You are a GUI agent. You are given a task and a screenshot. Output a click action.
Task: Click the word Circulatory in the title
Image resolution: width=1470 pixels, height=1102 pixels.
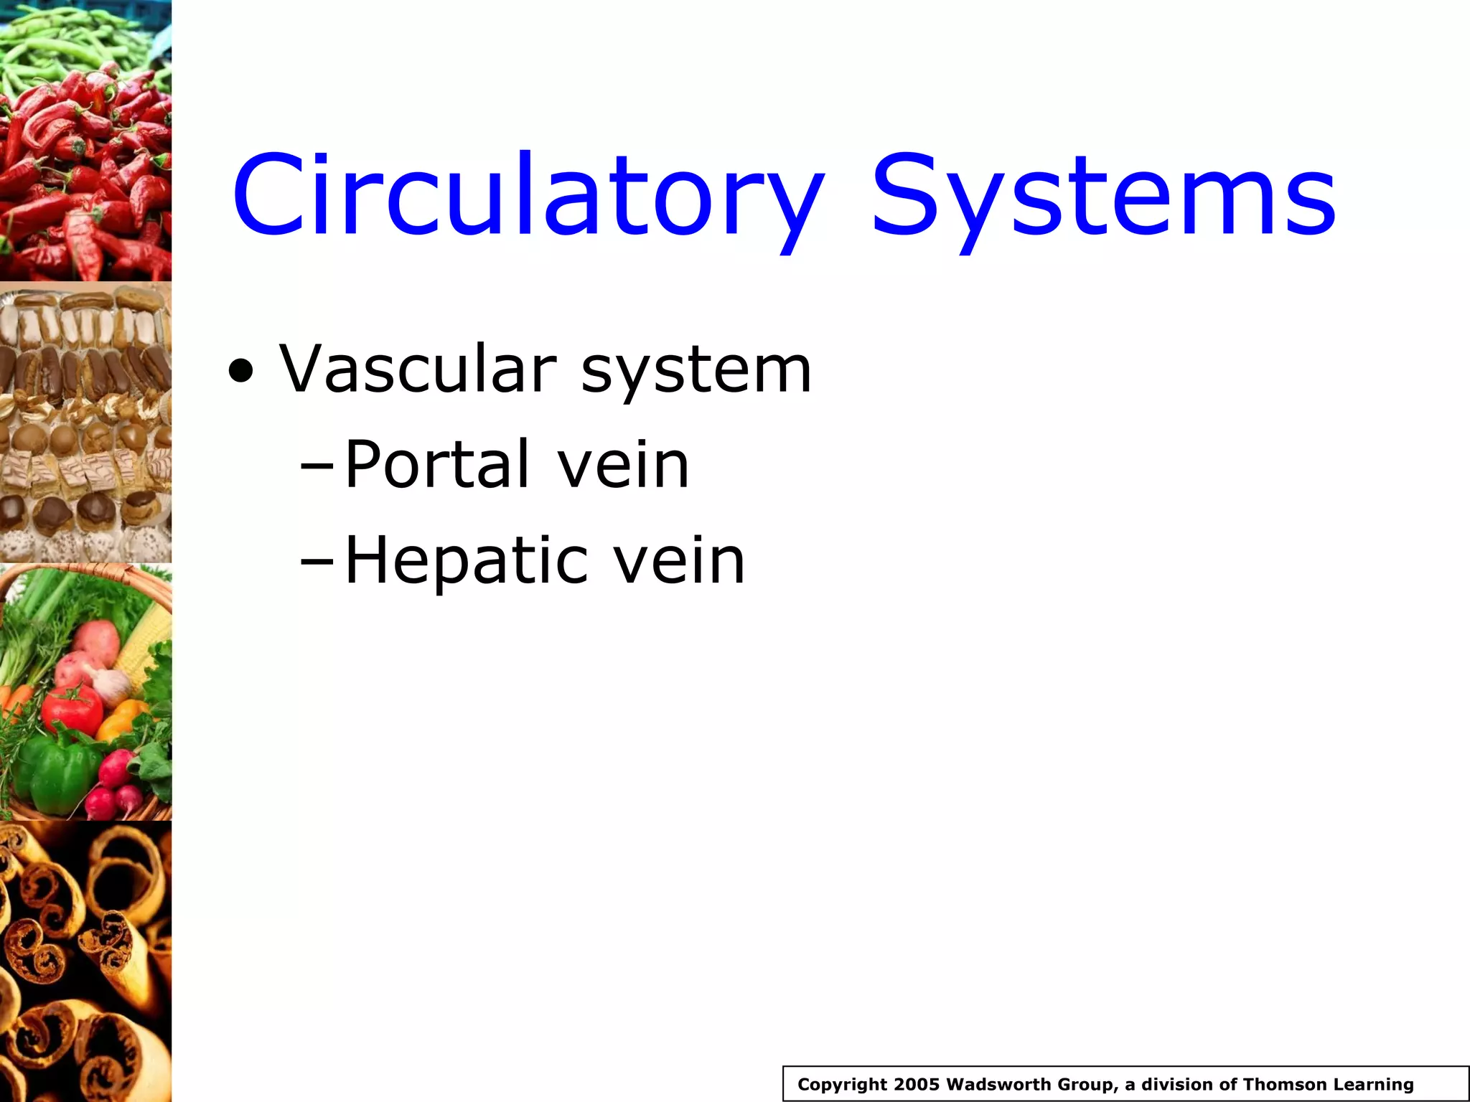(x=528, y=195)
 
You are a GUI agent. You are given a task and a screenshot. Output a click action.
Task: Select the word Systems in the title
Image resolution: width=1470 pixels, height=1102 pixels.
(x=1103, y=195)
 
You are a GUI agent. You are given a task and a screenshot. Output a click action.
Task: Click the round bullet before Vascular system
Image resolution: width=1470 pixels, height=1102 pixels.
(x=241, y=372)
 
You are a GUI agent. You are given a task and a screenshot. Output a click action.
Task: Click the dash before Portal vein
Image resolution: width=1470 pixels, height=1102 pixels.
(x=317, y=468)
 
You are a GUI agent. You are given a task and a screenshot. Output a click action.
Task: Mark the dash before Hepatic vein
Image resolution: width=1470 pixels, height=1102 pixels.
(x=317, y=565)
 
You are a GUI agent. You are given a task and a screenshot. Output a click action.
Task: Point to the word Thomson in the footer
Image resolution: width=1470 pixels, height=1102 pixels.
(x=1287, y=1085)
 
